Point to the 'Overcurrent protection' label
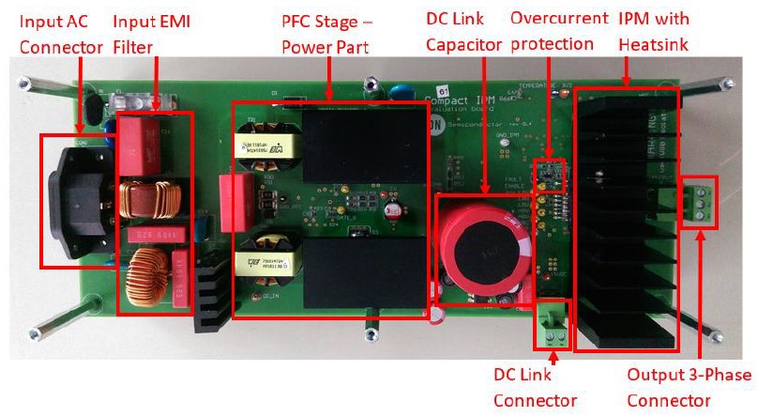[x=552, y=32]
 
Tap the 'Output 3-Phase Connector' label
[x=689, y=387]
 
